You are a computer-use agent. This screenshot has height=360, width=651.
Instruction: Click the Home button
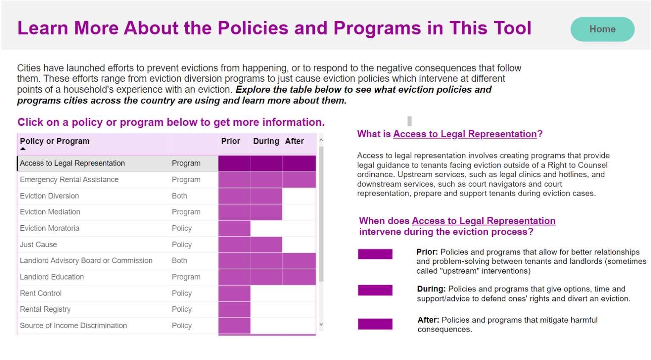[x=602, y=29]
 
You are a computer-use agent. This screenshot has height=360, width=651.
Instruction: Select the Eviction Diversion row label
[x=49, y=196]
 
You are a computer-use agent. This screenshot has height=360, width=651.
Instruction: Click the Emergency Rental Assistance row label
[x=69, y=180]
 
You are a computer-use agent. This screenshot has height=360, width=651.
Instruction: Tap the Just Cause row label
[x=38, y=245]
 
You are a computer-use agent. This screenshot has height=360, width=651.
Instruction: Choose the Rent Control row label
[x=41, y=294]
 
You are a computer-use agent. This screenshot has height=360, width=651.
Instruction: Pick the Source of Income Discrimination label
[x=73, y=326]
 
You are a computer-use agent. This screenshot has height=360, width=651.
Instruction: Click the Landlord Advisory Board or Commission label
[x=86, y=261]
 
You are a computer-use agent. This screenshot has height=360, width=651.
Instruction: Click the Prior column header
[x=231, y=141]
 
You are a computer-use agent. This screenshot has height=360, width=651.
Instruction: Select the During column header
[x=266, y=141]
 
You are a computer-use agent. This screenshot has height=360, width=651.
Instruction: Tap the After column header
[x=295, y=141]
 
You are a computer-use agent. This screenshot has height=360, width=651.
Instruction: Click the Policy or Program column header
[x=55, y=141]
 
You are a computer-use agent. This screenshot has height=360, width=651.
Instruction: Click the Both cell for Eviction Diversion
[x=179, y=196]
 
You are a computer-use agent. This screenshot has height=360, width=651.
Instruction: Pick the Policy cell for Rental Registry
[x=182, y=310]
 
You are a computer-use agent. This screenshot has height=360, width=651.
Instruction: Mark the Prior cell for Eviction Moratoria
[x=234, y=228]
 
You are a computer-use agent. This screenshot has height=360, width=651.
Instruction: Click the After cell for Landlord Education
[x=299, y=277]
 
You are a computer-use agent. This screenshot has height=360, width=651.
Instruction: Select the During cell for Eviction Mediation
[x=266, y=212]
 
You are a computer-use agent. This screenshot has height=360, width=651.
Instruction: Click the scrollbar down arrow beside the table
[x=321, y=324]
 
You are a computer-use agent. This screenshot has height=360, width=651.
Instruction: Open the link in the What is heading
[x=465, y=134]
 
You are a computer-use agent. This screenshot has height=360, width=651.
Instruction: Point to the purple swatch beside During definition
[x=375, y=290]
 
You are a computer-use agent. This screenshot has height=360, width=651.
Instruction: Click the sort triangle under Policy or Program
[x=23, y=149]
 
